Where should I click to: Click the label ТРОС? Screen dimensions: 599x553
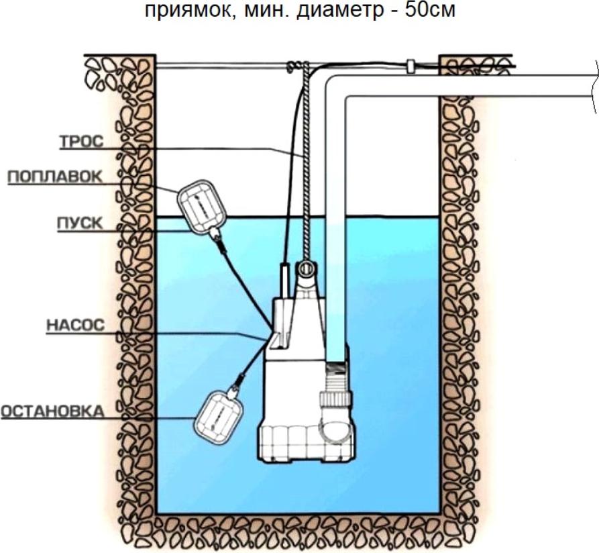coord(81,142)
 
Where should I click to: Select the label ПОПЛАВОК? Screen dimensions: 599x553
coord(55,177)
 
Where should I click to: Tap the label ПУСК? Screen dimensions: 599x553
coord(80,223)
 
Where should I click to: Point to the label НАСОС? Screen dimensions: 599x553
coord(76,325)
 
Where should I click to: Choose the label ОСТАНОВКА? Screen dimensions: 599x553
coord(52,411)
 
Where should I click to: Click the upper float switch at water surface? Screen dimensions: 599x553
coord(202,207)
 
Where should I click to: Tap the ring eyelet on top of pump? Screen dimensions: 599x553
coord(306,269)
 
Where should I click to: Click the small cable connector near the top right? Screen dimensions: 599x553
coord(411,65)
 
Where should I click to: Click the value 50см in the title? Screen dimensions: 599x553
coord(430,9)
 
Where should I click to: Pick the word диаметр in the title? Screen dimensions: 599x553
coord(340,10)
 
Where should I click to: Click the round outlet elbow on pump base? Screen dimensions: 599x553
coord(335,427)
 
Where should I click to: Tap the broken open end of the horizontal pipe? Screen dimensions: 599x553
coord(596,87)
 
